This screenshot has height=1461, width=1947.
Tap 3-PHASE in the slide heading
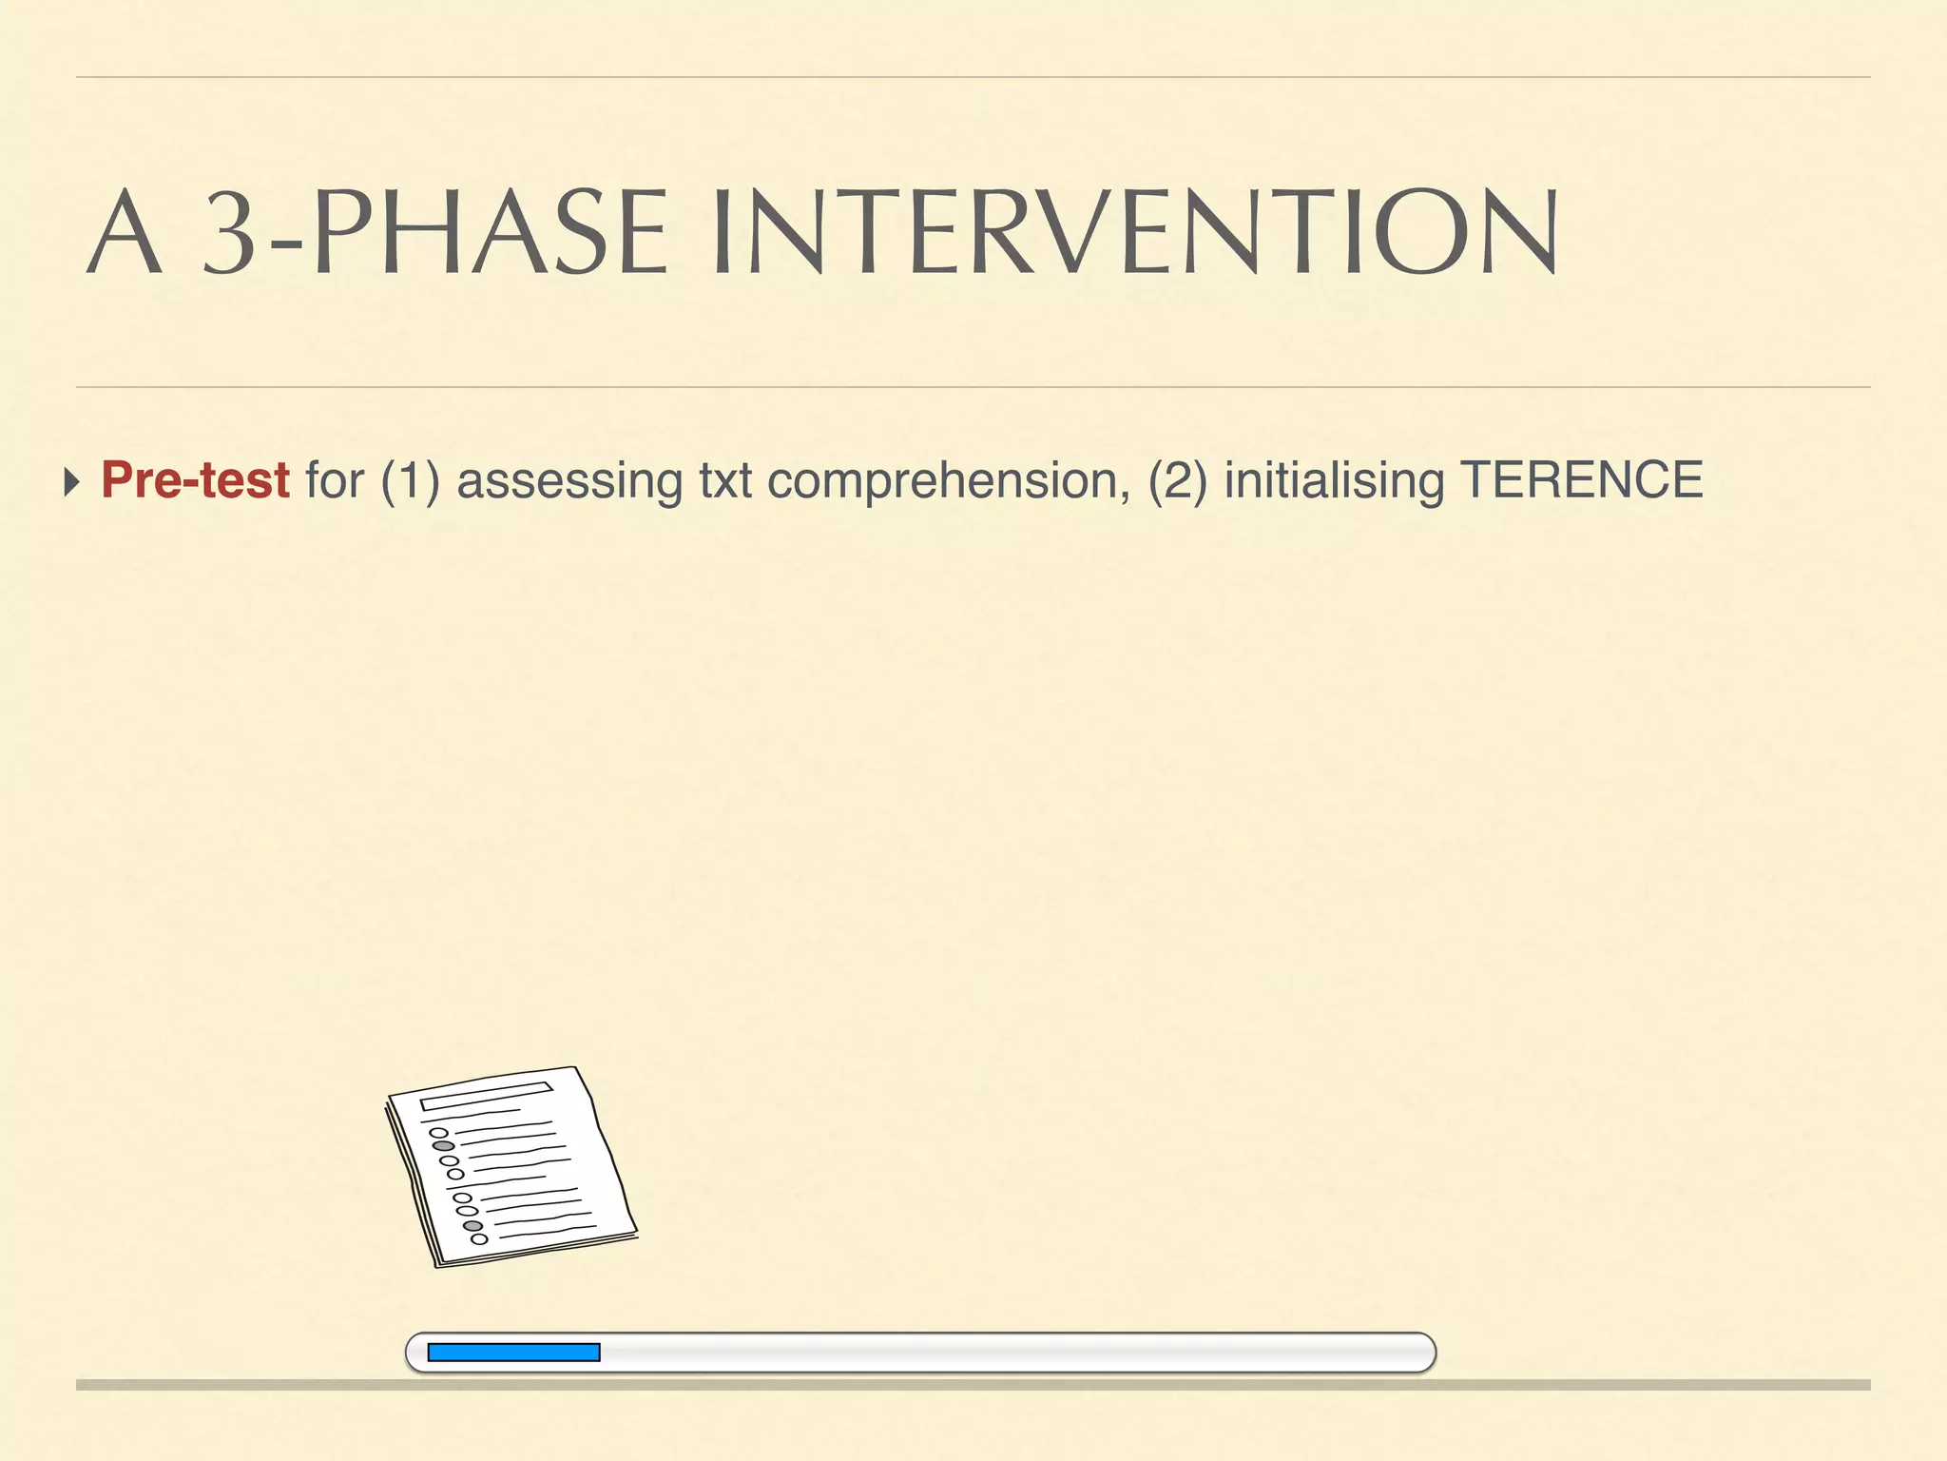click(x=436, y=232)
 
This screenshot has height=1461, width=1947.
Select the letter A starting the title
click(x=124, y=232)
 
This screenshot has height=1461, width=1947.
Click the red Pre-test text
click(x=195, y=480)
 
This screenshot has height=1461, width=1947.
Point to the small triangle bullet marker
click(x=71, y=481)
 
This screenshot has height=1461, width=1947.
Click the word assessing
click(x=569, y=480)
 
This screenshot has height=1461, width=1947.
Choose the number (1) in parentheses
click(x=410, y=480)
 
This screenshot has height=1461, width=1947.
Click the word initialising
click(x=1334, y=480)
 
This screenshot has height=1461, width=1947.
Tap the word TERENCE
click(x=1581, y=480)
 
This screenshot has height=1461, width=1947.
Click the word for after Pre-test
click(x=335, y=480)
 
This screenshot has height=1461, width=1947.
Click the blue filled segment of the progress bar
click(x=513, y=1353)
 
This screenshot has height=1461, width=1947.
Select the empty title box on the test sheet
click(x=486, y=1096)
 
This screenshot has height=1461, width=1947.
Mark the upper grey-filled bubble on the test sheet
click(x=443, y=1146)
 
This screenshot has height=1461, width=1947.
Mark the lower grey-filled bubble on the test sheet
click(x=472, y=1225)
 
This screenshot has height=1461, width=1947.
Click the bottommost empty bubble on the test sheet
click(x=479, y=1238)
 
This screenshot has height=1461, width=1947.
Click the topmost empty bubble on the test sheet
click(x=438, y=1133)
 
